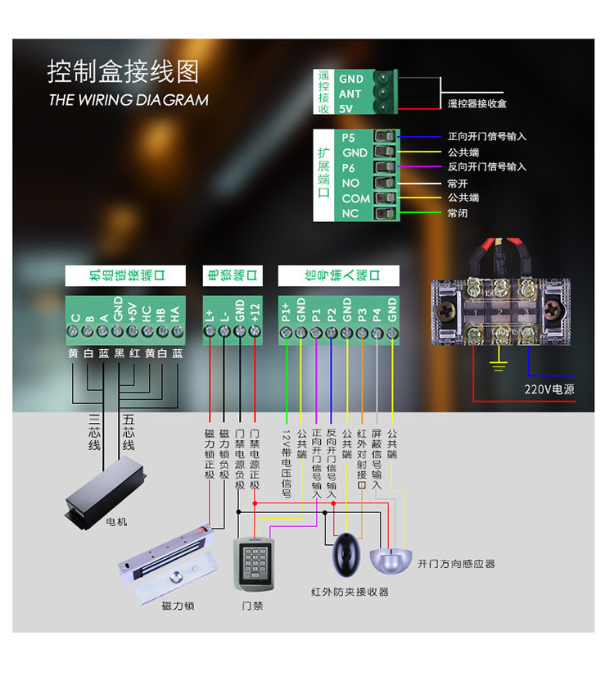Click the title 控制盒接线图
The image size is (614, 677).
tap(123, 71)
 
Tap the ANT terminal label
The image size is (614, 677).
tap(350, 93)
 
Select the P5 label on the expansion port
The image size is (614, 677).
tap(349, 137)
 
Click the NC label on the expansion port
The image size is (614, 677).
tap(350, 214)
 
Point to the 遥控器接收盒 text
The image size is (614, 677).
tap(476, 104)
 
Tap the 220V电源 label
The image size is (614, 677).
tap(549, 389)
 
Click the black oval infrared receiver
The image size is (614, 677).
tap(347, 556)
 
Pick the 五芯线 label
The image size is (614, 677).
tap(129, 432)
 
